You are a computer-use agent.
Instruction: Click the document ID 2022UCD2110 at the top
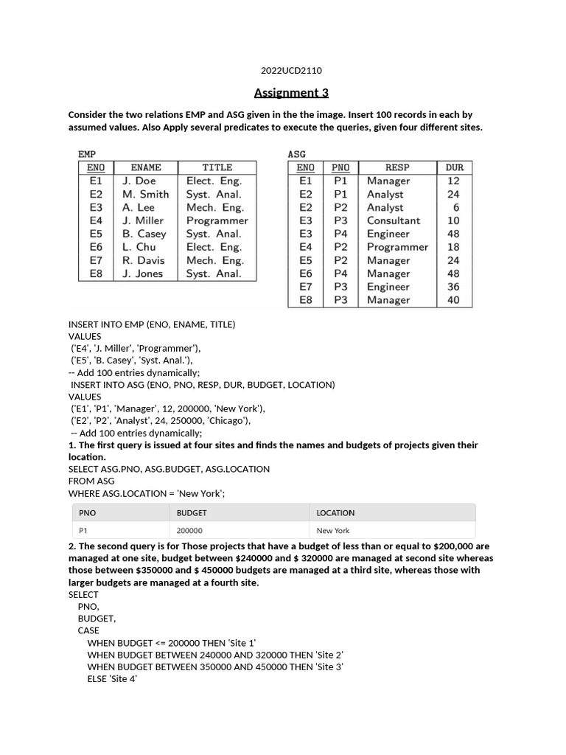click(291, 71)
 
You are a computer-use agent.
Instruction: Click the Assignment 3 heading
click(291, 93)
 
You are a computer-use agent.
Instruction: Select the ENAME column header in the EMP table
click(145, 167)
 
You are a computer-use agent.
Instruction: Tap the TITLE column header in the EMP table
click(217, 167)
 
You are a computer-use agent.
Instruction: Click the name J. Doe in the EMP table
click(139, 181)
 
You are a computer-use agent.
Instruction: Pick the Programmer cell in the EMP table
click(217, 220)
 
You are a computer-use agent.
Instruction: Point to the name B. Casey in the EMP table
click(144, 234)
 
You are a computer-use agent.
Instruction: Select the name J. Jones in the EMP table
click(142, 274)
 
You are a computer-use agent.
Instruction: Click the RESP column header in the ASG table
click(397, 167)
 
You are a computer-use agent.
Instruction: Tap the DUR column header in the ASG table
click(454, 167)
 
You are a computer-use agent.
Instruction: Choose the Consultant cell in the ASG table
click(394, 220)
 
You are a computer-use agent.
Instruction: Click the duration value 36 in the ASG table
click(453, 287)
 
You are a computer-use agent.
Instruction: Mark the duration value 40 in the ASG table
click(453, 300)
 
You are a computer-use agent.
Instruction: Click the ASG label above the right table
click(296, 154)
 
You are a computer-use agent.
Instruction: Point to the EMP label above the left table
click(87, 154)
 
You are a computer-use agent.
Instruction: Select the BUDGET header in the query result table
click(192, 512)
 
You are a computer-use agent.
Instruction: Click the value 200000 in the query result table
click(190, 530)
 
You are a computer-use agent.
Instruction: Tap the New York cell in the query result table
click(333, 530)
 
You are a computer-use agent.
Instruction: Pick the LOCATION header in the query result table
click(335, 512)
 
